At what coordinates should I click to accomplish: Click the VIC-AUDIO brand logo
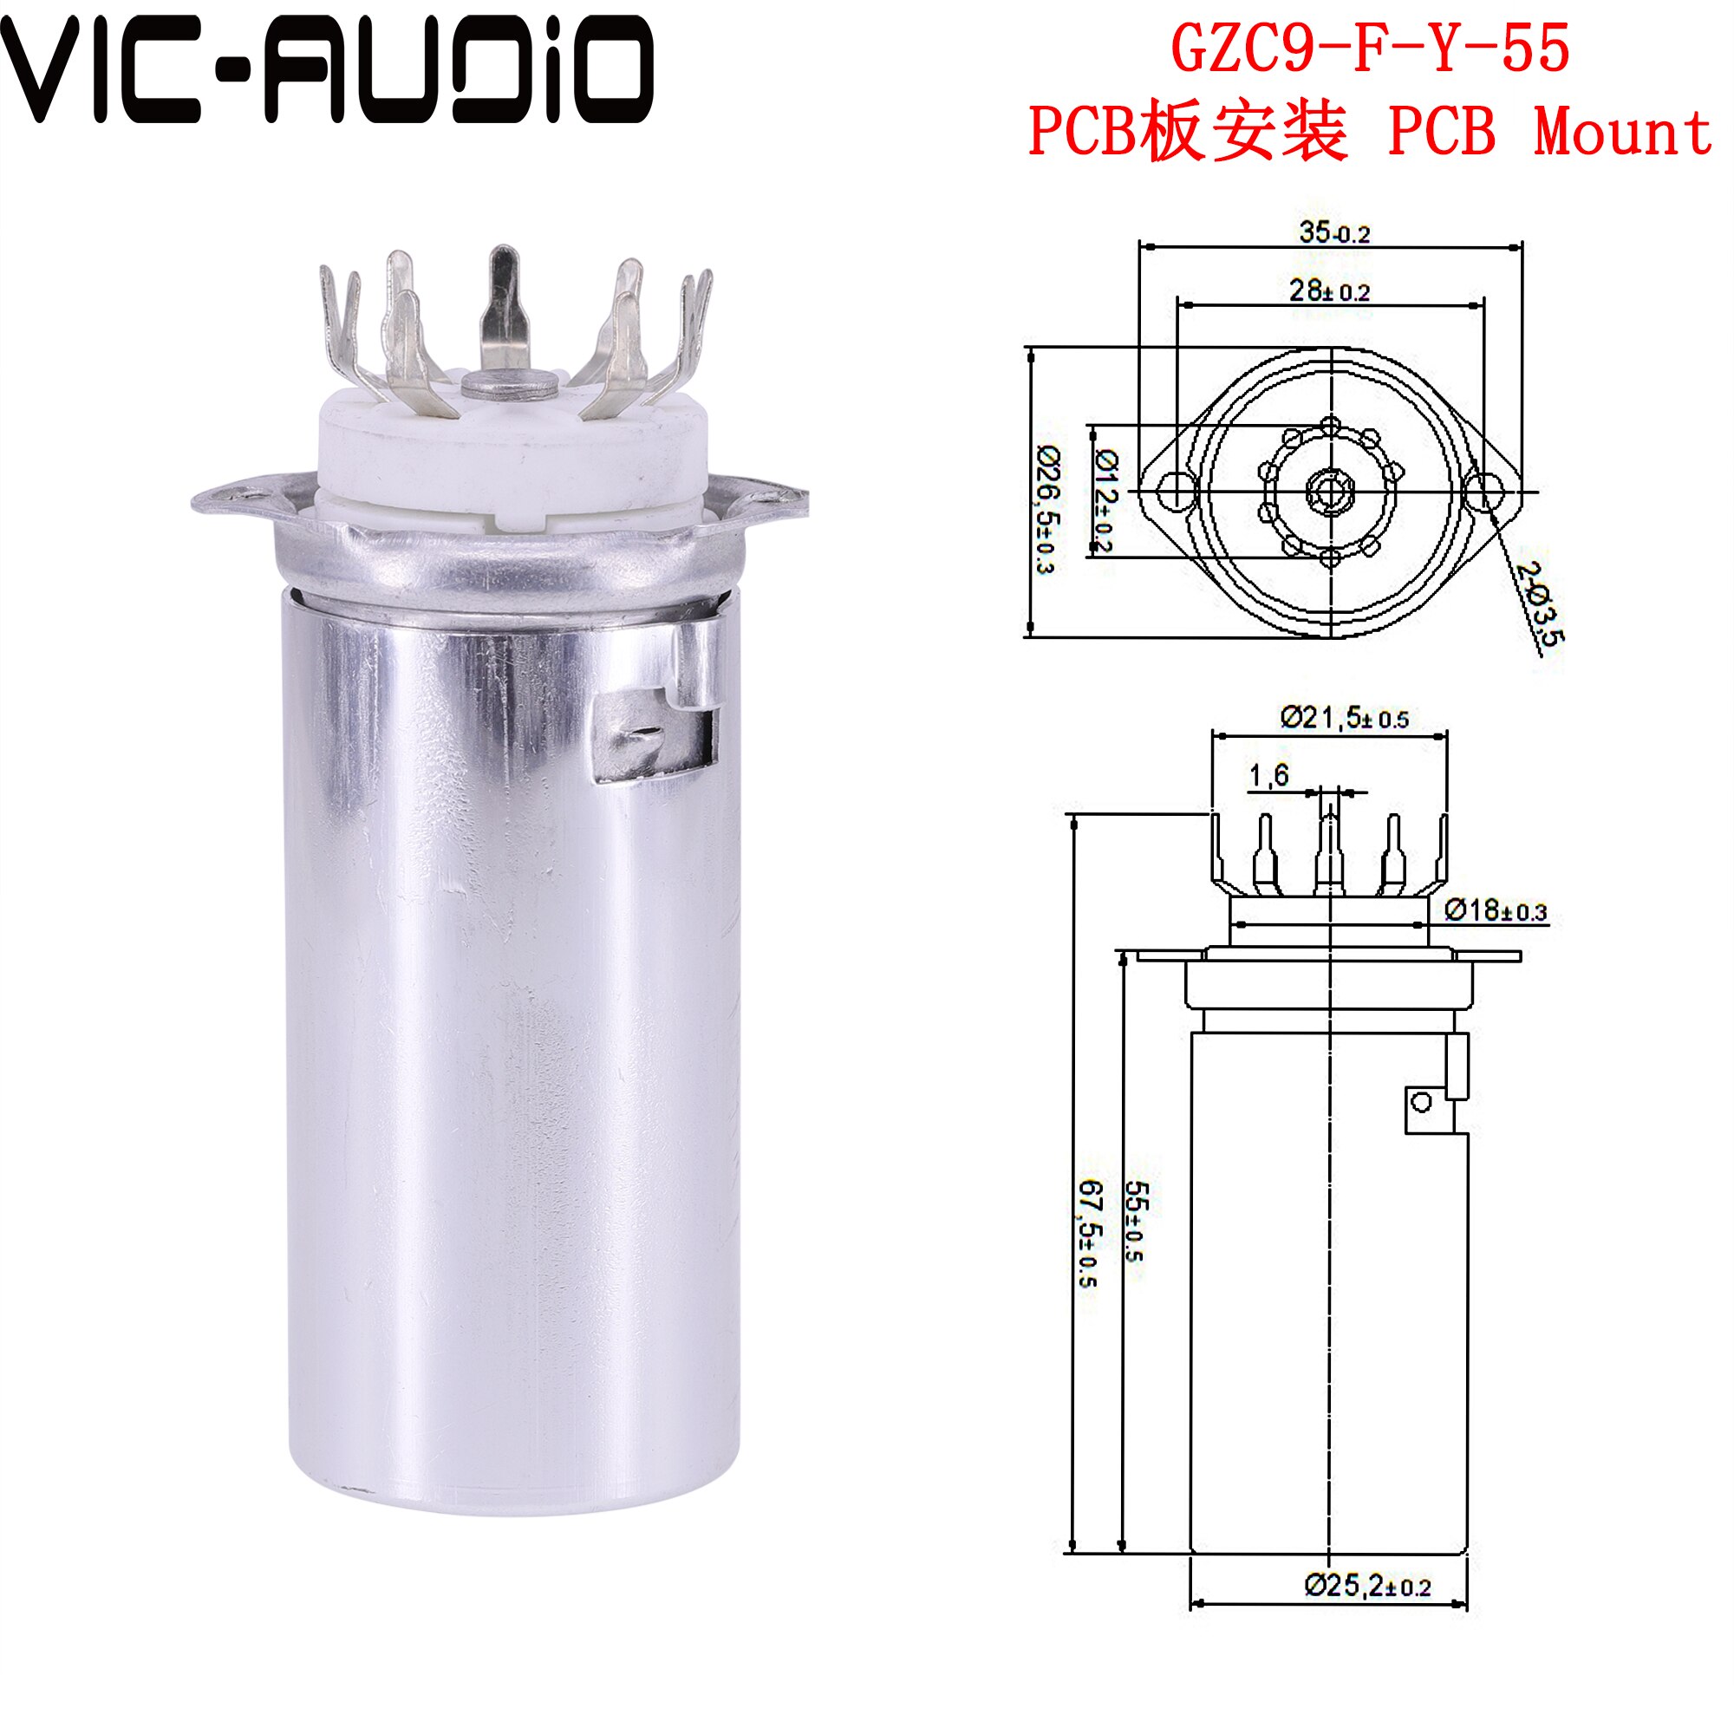click(x=328, y=70)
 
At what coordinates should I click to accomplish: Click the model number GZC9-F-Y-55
click(x=1371, y=49)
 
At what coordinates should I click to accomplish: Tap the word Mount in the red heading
click(x=1623, y=132)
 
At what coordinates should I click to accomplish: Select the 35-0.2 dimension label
click(x=1334, y=232)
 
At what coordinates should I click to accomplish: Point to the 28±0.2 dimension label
click(x=1330, y=290)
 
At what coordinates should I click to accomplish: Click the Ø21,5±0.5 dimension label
click(x=1345, y=718)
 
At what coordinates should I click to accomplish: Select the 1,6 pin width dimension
click(x=1269, y=774)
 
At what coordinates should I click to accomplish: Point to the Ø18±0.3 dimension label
click(x=1496, y=910)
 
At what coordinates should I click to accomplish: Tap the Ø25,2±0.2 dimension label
click(x=1368, y=1586)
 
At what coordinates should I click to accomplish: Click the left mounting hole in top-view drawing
click(x=1175, y=490)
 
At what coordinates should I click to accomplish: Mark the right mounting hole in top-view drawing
click(x=1483, y=490)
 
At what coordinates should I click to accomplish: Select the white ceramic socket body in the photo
click(x=512, y=458)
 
